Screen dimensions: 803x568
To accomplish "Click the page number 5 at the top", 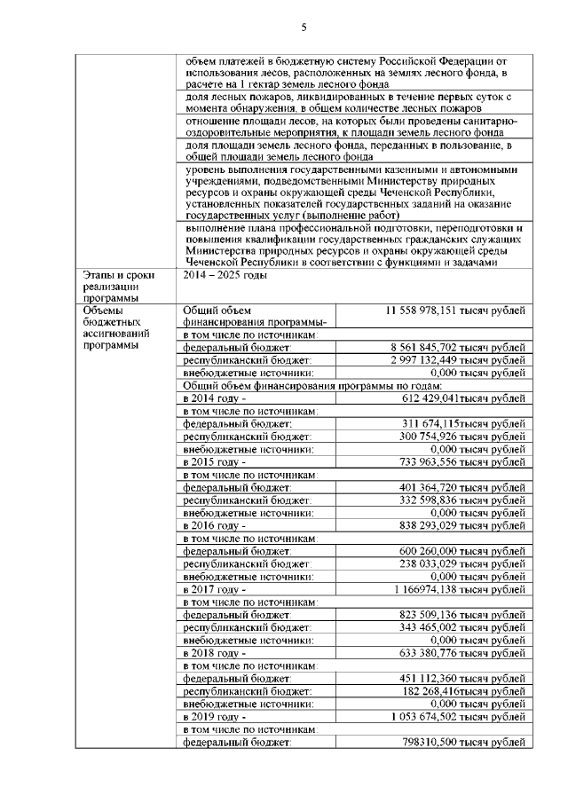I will click(303, 27).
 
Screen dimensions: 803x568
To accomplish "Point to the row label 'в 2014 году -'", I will click(213, 399).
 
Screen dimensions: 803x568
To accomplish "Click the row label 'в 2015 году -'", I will click(213, 462).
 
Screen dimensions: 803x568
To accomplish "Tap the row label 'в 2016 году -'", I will click(213, 525).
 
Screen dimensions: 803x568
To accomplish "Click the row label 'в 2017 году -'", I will click(213, 588).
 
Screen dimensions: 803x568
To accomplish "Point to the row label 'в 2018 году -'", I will click(213, 652).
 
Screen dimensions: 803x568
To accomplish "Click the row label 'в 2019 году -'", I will click(213, 715).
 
